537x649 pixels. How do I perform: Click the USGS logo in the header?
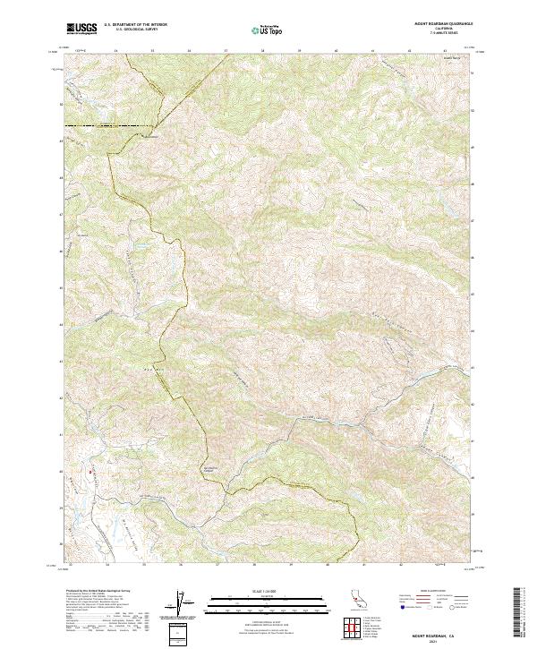tap(82, 28)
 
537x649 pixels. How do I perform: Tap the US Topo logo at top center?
tap(268, 29)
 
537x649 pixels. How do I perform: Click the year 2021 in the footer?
tap(445, 641)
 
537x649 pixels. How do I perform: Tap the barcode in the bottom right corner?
tap(519, 618)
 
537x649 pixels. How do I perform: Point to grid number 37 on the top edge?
tap(225, 50)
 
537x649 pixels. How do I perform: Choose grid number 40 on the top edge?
tap(335, 50)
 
